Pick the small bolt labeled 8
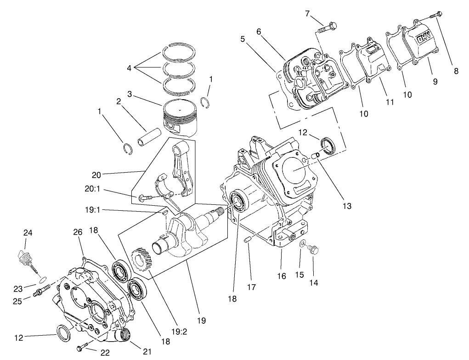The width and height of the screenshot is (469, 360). pyautogui.click(x=437, y=14)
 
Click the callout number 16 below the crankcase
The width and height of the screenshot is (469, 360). pyautogui.click(x=282, y=276)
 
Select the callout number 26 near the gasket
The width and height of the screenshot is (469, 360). pyautogui.click(x=77, y=232)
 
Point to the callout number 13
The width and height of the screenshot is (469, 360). pyautogui.click(x=347, y=206)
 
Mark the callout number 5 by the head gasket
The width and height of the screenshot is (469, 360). pyautogui.click(x=243, y=39)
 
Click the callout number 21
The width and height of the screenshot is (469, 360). pyautogui.click(x=147, y=352)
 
